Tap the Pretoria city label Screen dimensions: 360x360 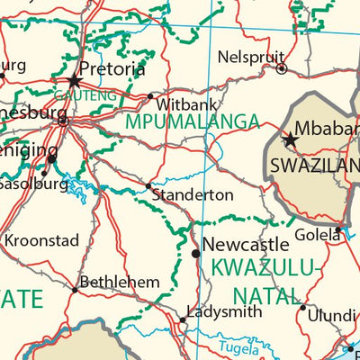(112, 69)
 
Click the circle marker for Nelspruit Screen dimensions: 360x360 (281, 68)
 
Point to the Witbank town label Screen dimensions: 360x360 (186, 103)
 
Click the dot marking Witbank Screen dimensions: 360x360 (150, 96)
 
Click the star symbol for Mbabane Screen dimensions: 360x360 (290, 140)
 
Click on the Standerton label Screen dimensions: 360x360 (193, 194)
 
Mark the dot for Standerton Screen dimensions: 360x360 (148, 186)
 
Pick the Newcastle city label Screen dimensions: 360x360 (245, 244)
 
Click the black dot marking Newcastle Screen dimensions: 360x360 (195, 255)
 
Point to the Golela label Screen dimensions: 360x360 (319, 235)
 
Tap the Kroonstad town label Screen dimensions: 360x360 (41, 241)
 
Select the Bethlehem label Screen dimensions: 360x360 (119, 283)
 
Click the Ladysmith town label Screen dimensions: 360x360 (224, 312)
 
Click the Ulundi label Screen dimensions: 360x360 (333, 317)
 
